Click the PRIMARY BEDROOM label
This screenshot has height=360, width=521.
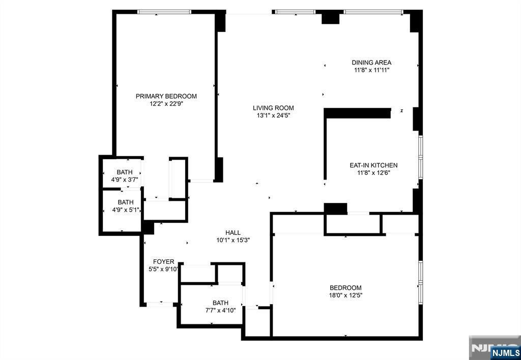tap(166, 96)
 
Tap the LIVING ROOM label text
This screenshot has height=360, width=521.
tap(273, 108)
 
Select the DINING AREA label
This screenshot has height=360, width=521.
tap(371, 63)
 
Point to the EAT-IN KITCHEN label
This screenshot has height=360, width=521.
tap(373, 165)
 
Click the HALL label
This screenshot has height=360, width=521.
tap(233, 233)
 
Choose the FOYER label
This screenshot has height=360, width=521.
tap(163, 262)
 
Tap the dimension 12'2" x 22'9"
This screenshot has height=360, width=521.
tap(166, 104)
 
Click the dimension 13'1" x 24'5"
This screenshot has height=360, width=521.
tap(273, 115)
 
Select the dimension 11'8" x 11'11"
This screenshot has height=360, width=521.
tap(371, 70)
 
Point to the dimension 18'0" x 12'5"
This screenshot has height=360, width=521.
tap(345, 295)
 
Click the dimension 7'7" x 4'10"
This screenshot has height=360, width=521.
tap(221, 311)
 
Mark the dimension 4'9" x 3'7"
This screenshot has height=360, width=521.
tap(125, 179)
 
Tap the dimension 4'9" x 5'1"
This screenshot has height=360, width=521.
tap(126, 209)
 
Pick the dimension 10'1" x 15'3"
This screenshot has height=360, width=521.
tap(233, 241)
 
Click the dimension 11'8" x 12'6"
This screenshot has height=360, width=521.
tap(373, 173)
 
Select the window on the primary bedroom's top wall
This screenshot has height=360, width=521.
tap(164, 12)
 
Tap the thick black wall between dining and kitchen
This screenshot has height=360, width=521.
tap(358, 113)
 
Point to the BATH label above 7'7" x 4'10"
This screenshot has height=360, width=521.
tap(221, 303)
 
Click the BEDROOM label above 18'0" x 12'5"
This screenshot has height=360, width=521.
tap(345, 288)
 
